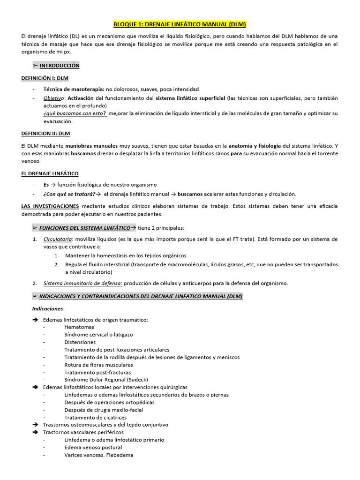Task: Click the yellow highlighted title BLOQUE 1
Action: coord(180,24)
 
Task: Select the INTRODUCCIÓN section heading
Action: coord(59,66)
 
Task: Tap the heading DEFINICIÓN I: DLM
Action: coord(45,77)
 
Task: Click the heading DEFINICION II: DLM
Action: coord(45,133)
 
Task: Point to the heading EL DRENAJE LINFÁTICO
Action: coord(50,173)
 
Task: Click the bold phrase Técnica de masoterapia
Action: coord(74,89)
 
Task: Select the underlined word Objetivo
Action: coord(54,98)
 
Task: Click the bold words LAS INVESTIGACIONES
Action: coord(50,206)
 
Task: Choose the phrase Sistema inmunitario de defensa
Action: coord(83,283)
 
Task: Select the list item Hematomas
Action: coord(79,327)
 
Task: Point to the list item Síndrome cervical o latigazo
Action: coord(98,335)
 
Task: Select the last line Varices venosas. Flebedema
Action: coord(99,455)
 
